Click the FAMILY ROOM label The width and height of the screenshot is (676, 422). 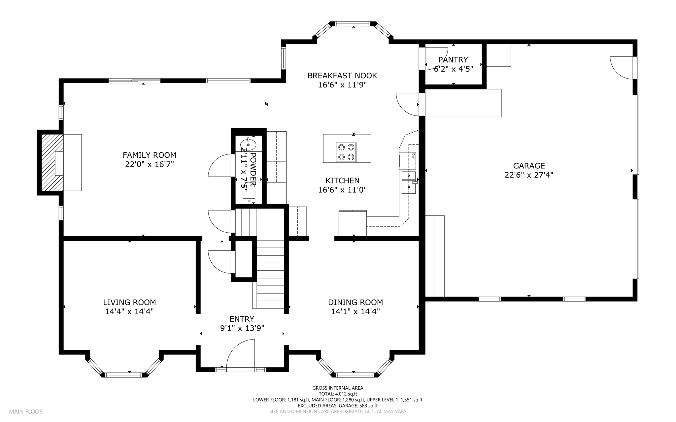point(150,155)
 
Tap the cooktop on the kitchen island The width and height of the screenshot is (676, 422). point(346,152)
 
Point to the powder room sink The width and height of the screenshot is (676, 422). point(248,145)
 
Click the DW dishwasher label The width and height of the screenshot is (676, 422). point(413,156)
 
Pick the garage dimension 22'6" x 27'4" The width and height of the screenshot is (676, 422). point(529,175)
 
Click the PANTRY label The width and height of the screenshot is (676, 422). point(453,60)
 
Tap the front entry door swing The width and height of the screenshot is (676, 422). point(241,354)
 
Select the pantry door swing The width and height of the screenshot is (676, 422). point(436,59)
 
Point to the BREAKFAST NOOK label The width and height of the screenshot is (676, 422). point(342,76)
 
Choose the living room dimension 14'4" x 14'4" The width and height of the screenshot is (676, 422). point(129,311)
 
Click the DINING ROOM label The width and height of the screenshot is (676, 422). point(355,302)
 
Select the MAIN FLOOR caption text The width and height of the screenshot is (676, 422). point(26,411)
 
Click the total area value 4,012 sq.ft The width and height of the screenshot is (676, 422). point(346,394)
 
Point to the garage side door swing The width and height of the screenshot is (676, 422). point(621,68)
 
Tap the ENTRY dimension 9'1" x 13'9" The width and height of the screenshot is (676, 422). point(242,328)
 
